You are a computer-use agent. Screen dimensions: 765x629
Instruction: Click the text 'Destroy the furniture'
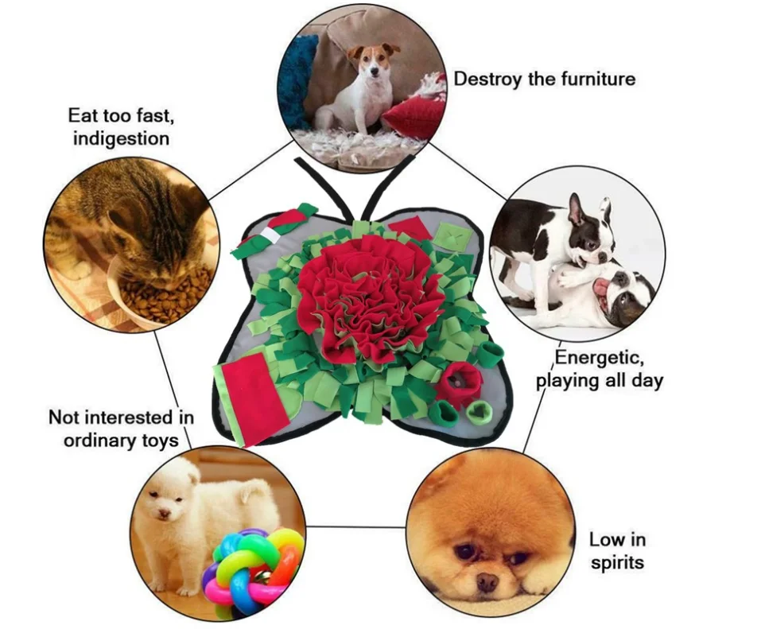[x=544, y=79]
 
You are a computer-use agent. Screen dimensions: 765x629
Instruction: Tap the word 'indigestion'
[x=121, y=138]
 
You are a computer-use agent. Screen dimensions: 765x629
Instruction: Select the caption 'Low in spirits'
[x=617, y=551]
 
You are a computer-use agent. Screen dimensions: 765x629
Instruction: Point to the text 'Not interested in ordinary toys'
[x=121, y=428]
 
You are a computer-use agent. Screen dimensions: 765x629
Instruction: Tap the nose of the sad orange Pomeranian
[x=487, y=581]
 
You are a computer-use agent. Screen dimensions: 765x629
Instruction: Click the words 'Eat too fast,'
[x=121, y=116]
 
